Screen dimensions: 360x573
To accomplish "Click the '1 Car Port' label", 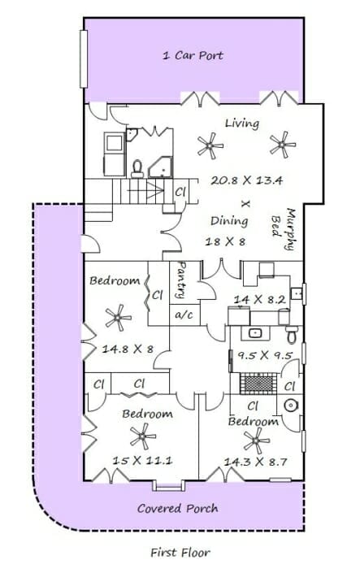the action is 193,55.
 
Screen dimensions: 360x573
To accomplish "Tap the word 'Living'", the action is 242,124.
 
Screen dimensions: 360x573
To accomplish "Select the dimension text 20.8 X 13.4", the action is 246,180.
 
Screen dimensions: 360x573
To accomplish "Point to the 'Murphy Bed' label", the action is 284,229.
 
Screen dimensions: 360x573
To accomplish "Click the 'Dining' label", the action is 229,221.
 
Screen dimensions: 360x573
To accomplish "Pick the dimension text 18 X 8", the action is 225,241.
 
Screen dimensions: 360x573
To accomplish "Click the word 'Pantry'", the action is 181,280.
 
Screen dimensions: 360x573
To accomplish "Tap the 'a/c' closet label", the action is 184,315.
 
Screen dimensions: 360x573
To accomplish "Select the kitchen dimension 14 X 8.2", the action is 259,300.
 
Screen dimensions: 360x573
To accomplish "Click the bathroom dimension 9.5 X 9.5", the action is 265,355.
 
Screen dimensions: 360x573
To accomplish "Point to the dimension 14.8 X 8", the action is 128,349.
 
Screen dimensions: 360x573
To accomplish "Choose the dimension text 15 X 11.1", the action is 142,460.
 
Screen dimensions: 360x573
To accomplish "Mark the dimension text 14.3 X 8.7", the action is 255,462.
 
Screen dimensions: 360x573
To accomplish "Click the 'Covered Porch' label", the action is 178,508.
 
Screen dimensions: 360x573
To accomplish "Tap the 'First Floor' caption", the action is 180,552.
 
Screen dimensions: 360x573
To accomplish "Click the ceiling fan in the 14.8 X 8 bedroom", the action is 118,318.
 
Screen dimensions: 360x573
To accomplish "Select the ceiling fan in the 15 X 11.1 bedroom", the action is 142,436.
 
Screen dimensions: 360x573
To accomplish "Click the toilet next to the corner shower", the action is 137,169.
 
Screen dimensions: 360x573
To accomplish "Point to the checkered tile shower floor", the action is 258,384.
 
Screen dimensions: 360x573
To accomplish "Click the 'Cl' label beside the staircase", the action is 180,192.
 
